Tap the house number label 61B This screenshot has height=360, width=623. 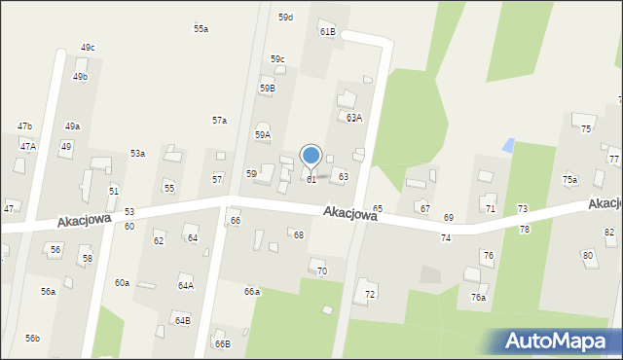coord(327,32)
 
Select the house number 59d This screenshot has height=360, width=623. coord(285,18)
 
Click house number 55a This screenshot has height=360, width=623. coord(201,29)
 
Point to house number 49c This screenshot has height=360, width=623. coord(88,48)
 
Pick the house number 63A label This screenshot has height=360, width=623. coord(354,118)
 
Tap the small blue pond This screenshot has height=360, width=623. coord(507,145)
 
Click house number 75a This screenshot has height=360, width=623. coord(569,180)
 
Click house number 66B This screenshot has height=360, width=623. coord(223,343)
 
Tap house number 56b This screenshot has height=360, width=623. coord(32,338)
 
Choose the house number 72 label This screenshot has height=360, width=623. coord(370,294)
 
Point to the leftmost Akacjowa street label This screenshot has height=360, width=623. coord(84,222)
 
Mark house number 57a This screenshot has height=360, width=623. coord(220,121)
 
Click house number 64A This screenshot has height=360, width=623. coord(185,286)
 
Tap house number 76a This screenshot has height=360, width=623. coord(478,298)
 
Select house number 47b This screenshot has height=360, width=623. coord(24,126)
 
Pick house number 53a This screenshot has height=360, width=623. coord(138,154)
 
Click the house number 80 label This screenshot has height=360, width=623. coord(587,255)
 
